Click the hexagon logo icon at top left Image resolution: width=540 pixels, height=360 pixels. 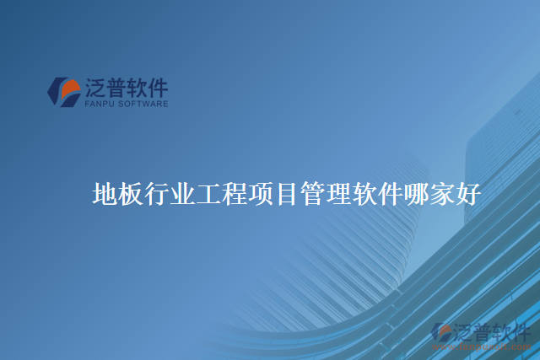[x=63, y=92]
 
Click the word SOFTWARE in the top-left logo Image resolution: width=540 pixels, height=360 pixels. [x=145, y=104]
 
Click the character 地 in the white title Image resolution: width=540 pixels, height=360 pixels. [x=105, y=195]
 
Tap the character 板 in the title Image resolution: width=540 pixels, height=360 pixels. [x=131, y=195]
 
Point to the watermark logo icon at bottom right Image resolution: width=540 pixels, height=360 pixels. [x=442, y=333]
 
